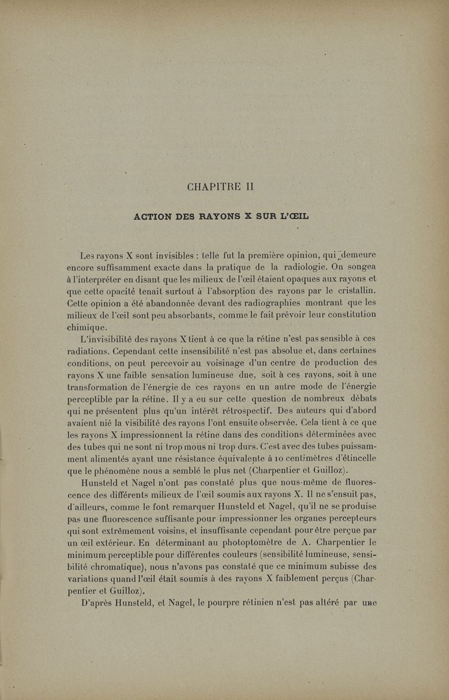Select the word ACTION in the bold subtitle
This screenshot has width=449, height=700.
pos(154,216)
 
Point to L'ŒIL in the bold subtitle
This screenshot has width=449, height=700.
pos(291,216)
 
